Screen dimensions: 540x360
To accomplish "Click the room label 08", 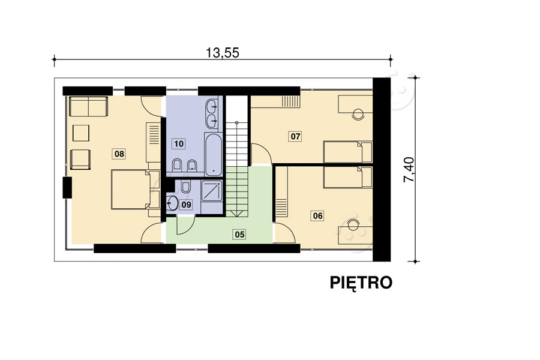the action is pos(119,154).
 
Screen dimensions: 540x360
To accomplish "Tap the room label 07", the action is pos(295,136).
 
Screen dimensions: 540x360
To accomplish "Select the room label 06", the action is pos(317,215).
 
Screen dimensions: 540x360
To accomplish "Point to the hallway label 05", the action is pos(239,235).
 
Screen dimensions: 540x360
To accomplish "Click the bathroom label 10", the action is pos(179,143).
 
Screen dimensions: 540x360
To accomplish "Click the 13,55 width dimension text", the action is pos(223,53).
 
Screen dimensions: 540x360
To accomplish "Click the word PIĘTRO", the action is pos(361,283).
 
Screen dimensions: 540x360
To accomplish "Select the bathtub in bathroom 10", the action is pos(214,154).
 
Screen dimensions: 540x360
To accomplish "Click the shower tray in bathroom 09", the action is pos(212,190).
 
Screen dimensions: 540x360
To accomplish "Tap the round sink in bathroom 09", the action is pos(172,203).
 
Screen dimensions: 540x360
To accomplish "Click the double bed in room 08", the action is pos(131,190).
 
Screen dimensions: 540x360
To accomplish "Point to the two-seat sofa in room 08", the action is pos(89,106).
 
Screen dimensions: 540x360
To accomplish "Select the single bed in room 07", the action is pos(348,152).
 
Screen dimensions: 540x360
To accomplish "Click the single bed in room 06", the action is pos(348,178).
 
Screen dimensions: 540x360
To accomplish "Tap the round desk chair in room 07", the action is pos(358,114).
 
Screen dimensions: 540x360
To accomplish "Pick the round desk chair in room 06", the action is pos(353,225).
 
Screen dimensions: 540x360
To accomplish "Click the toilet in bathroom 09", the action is pos(185,186).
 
